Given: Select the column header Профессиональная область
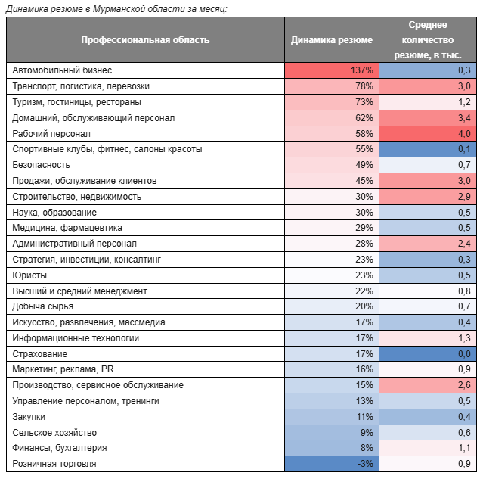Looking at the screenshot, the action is click(145, 40).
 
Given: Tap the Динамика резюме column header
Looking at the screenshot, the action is click(331, 40).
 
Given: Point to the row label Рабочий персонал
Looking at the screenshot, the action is click(51, 134).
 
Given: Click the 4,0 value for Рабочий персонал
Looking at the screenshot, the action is click(464, 134).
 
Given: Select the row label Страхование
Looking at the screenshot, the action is click(40, 354).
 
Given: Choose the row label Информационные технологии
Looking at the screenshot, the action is click(76, 338).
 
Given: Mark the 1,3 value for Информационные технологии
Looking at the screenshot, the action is click(464, 338).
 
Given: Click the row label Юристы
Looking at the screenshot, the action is click(29, 275).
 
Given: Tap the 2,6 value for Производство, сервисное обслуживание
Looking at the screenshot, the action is click(464, 385).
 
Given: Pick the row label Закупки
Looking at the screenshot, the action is click(29, 417).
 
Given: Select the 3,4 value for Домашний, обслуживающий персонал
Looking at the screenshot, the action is click(464, 118).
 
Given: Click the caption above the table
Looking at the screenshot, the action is click(116, 9).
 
